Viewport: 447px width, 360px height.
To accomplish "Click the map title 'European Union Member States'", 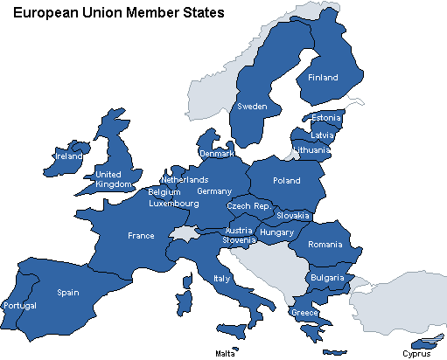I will (118, 13).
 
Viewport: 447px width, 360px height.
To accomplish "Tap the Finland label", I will (323, 78).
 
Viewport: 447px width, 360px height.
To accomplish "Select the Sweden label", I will (253, 107).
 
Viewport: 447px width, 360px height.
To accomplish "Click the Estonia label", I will (326, 118).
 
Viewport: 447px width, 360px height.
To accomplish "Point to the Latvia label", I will (323, 135).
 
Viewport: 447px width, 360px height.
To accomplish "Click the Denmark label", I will (217, 154).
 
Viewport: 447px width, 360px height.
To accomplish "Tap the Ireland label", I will (68, 156).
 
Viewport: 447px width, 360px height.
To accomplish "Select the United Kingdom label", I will (113, 179).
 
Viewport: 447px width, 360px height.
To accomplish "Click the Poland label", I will (286, 181).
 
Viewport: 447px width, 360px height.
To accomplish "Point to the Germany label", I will (214, 191).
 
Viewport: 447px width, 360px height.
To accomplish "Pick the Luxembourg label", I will (174, 204).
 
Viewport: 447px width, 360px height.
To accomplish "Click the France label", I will (141, 236).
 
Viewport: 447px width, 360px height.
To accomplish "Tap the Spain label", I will (69, 293).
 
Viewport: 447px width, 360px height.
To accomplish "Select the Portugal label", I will (20, 306).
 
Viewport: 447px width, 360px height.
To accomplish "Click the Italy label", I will (221, 279).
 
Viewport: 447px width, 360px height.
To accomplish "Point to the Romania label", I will (326, 245).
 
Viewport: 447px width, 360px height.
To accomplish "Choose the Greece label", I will (304, 313).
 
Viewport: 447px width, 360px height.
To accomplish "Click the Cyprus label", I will (416, 354).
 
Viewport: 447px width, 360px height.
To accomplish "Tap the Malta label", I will (225, 354).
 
